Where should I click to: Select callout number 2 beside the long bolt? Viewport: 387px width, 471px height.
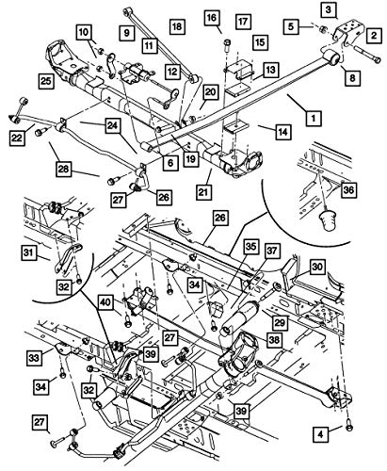[375, 35]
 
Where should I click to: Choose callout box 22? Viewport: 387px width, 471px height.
[18, 139]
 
